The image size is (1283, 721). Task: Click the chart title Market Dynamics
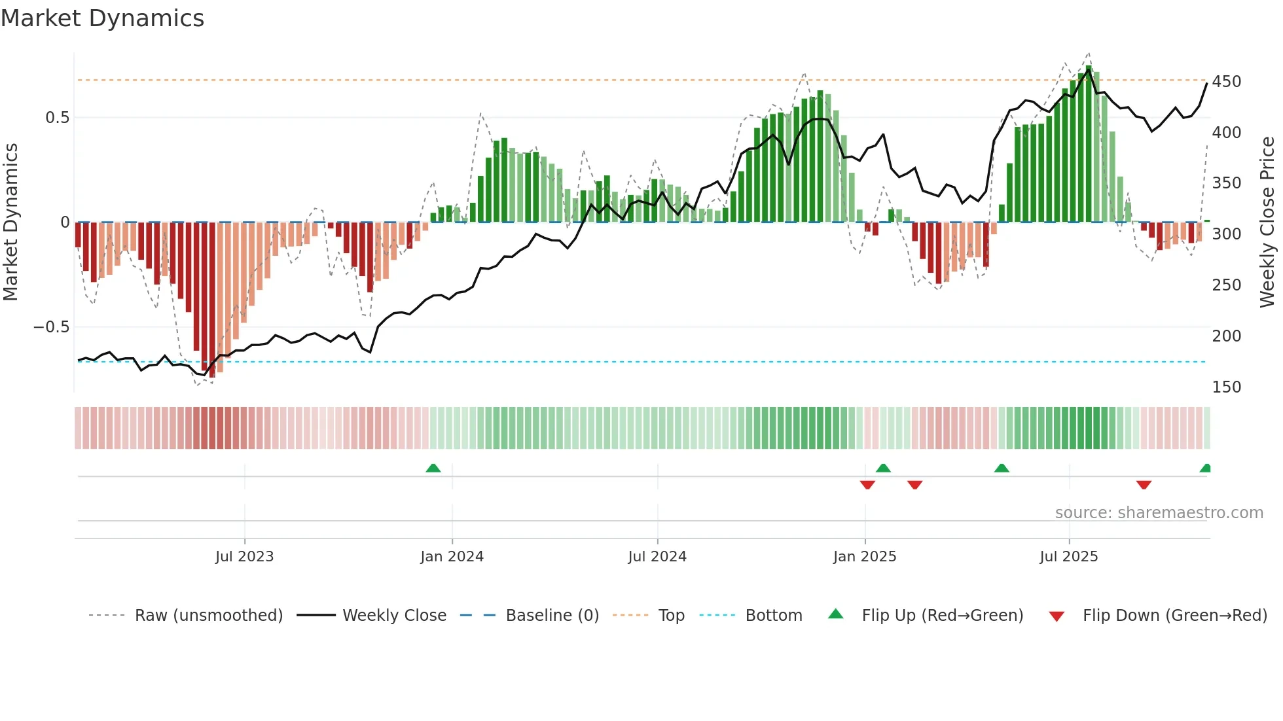[x=102, y=18]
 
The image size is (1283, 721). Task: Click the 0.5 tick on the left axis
[x=57, y=118]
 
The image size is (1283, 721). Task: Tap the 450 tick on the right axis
[x=1226, y=82]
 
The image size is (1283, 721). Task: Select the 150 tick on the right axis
[x=1226, y=387]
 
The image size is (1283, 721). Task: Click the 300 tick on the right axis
[x=1226, y=234]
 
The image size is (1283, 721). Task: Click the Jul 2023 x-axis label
[x=244, y=557]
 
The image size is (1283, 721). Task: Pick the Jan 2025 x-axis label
[x=864, y=557]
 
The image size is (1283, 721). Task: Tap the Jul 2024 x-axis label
[x=657, y=557]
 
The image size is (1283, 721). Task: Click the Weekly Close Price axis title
[x=1267, y=222]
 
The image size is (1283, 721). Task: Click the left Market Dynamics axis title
[x=10, y=222]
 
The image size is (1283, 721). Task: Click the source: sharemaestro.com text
[x=1159, y=513]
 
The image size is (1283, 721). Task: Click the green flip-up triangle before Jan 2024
[x=433, y=468]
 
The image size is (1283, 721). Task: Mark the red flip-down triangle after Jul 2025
[x=1144, y=485]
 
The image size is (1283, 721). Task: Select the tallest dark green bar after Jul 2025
[x=1089, y=144]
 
